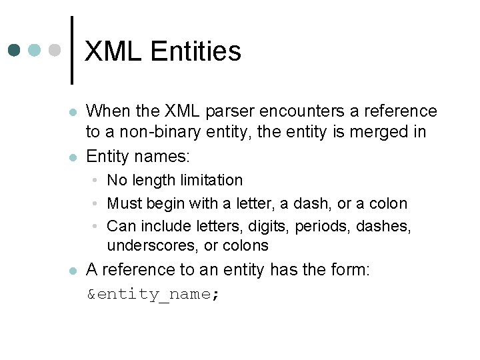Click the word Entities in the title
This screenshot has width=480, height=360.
point(196,51)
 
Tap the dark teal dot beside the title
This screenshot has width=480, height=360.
point(14,50)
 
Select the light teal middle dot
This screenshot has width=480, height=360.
point(35,50)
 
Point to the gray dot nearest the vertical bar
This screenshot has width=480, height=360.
point(55,50)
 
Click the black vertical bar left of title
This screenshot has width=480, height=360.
point(72,50)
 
